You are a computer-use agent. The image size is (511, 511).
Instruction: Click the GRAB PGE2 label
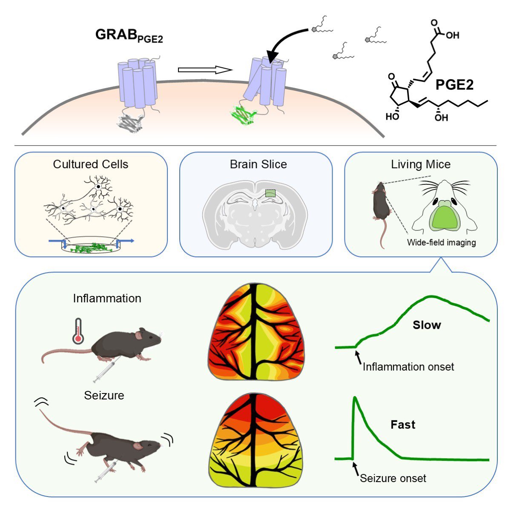point(129,36)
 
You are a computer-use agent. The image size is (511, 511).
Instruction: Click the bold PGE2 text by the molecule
point(454,85)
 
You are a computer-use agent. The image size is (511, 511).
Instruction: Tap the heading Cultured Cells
point(91,164)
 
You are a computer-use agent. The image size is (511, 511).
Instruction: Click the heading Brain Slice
point(258,164)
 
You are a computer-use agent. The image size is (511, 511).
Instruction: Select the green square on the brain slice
point(270,193)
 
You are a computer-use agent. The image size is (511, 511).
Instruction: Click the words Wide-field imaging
point(441,243)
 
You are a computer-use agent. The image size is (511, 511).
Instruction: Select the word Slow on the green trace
point(426,325)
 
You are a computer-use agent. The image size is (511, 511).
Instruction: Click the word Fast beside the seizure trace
point(402,425)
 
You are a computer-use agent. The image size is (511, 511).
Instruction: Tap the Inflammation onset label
point(408,367)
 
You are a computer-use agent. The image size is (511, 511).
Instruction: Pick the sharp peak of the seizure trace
point(354,398)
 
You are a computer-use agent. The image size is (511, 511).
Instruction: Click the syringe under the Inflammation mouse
point(104,370)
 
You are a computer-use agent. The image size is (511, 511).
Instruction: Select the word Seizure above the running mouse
point(104,395)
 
